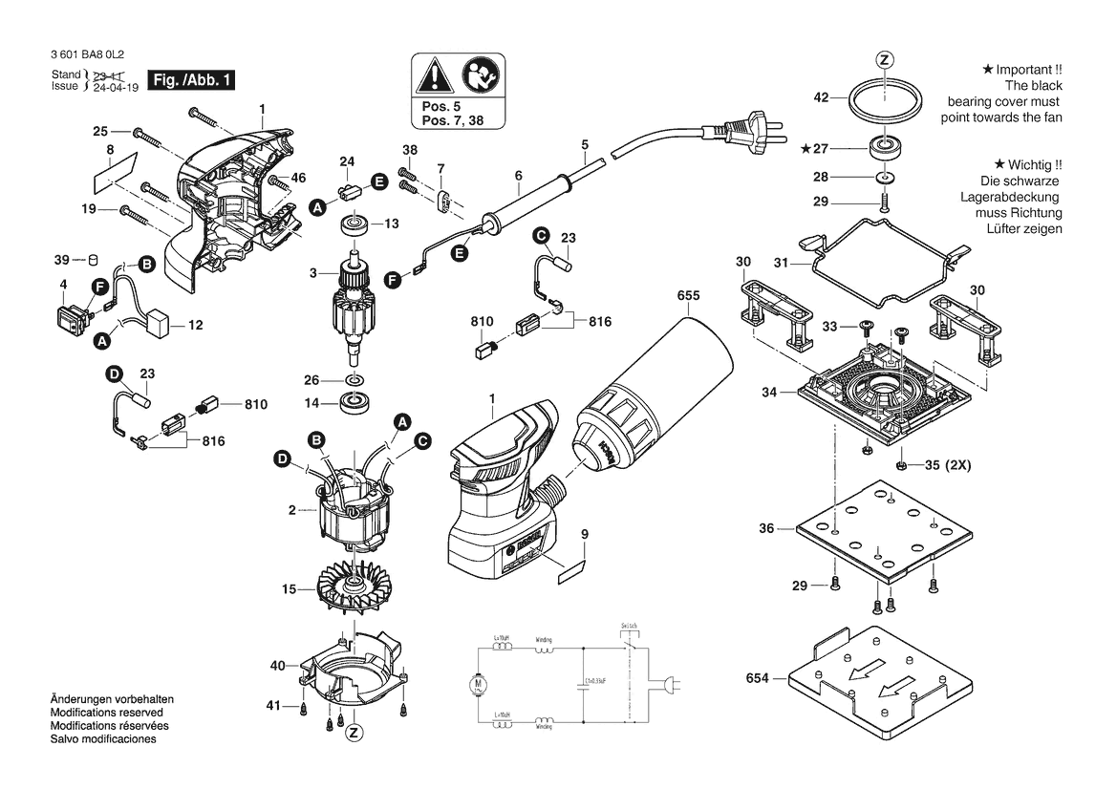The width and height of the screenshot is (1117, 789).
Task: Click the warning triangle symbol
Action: (x=436, y=75)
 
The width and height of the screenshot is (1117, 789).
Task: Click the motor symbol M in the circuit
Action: (x=477, y=683)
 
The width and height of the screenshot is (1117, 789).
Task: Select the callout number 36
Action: (x=766, y=527)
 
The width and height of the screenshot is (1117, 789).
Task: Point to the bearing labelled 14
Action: (x=357, y=403)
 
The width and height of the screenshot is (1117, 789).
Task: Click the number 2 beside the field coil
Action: (x=291, y=511)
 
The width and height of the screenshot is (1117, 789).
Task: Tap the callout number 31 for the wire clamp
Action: (x=780, y=263)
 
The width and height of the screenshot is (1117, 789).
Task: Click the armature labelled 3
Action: (x=349, y=306)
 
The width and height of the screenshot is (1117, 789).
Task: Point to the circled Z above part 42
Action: (x=884, y=60)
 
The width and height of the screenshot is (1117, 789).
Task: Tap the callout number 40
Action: (x=277, y=665)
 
